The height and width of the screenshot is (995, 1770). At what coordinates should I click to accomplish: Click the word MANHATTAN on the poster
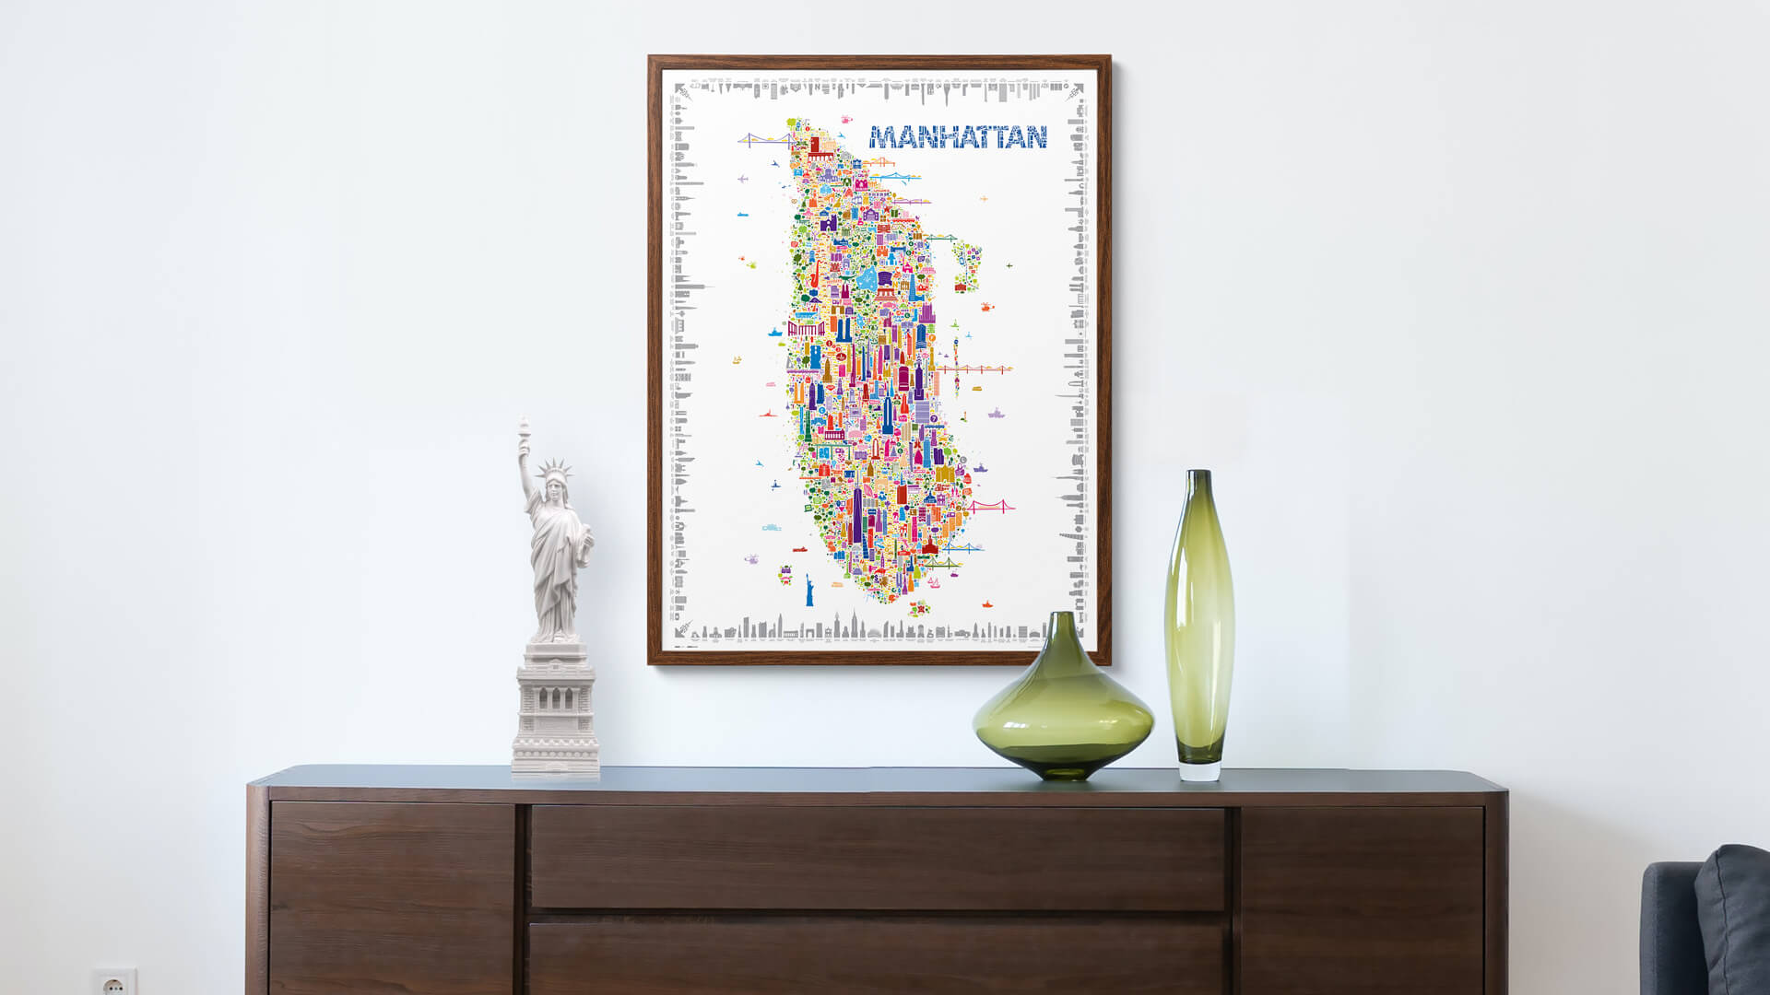tap(958, 137)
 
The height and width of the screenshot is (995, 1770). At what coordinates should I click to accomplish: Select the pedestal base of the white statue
tap(556, 713)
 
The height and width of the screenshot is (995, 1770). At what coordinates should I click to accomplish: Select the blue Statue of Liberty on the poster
tap(809, 590)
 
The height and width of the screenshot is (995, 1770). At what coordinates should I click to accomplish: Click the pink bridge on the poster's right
tap(990, 506)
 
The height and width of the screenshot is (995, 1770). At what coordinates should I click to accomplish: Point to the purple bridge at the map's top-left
tap(763, 139)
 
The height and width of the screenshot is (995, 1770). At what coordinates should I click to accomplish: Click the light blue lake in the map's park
tap(867, 278)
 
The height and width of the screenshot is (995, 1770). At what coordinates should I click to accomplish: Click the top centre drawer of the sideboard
tap(877, 858)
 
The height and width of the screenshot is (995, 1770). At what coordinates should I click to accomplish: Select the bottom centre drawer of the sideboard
tap(877, 958)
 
